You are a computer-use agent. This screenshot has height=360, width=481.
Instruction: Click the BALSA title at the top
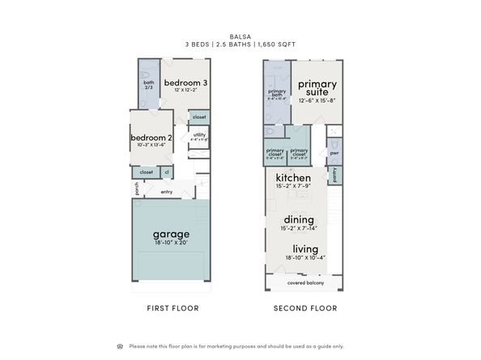(240, 36)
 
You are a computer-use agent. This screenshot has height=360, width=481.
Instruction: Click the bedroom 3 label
(185, 83)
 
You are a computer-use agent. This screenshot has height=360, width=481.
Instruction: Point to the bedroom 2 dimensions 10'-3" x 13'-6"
(152, 146)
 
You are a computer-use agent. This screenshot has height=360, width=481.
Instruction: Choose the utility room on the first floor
(199, 136)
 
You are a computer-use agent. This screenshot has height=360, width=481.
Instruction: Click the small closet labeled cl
(167, 172)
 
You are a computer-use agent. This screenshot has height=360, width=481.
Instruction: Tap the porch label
(137, 188)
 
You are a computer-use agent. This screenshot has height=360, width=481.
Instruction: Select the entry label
(166, 192)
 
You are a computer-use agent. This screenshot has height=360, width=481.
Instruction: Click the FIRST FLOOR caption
(172, 308)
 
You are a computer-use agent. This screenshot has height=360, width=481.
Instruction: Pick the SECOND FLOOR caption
(305, 308)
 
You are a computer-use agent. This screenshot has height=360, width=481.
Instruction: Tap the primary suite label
(317, 87)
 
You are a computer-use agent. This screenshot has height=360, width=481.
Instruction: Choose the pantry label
(334, 174)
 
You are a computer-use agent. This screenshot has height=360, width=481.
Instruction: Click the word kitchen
(293, 177)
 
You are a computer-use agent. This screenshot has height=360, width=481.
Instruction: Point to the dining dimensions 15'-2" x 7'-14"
(299, 227)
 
